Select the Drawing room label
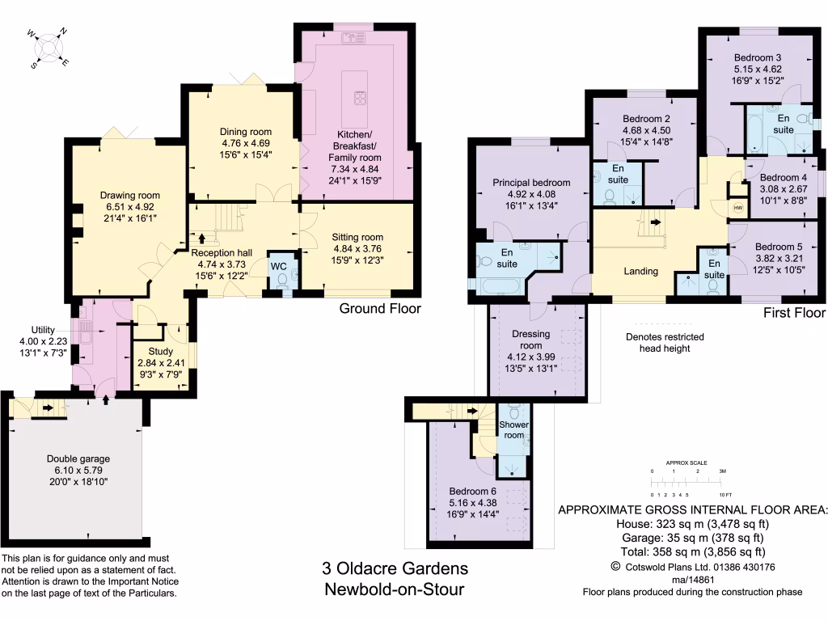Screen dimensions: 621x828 tap(130, 195)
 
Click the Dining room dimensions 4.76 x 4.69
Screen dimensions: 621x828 tap(246, 143)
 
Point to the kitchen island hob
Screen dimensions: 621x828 tap(359, 99)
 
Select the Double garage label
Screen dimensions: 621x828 tap(79, 458)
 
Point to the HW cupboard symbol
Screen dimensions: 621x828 tap(737, 208)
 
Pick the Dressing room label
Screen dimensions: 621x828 tap(531, 334)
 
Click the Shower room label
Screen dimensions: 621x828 tap(513, 429)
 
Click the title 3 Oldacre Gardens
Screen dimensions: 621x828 tap(394, 569)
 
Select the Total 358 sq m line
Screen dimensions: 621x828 tap(692, 552)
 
